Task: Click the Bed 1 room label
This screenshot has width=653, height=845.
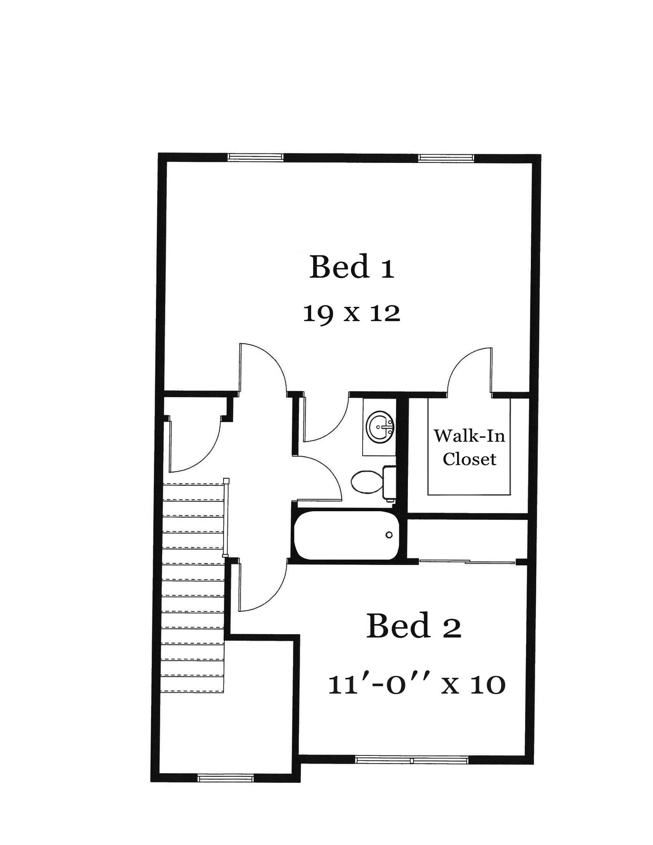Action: [x=351, y=267]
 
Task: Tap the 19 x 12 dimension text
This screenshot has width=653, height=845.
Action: [x=351, y=314]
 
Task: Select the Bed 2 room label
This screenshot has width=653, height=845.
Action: [x=413, y=626]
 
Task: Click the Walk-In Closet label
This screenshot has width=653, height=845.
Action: [x=469, y=447]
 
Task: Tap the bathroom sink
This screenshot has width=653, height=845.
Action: [x=380, y=427]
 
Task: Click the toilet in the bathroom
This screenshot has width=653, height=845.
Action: [x=367, y=482]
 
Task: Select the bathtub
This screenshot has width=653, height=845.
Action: [x=347, y=535]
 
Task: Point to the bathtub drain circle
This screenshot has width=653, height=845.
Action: [x=389, y=535]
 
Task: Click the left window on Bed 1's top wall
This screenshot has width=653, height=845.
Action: [x=255, y=157]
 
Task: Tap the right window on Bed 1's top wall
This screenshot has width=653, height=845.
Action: [x=446, y=157]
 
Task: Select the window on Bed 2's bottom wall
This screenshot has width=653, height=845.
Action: [x=411, y=760]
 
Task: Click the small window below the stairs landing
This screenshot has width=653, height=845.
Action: [x=225, y=779]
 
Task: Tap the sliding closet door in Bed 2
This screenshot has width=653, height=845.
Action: [x=467, y=562]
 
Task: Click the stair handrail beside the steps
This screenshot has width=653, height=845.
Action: [x=225, y=517]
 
